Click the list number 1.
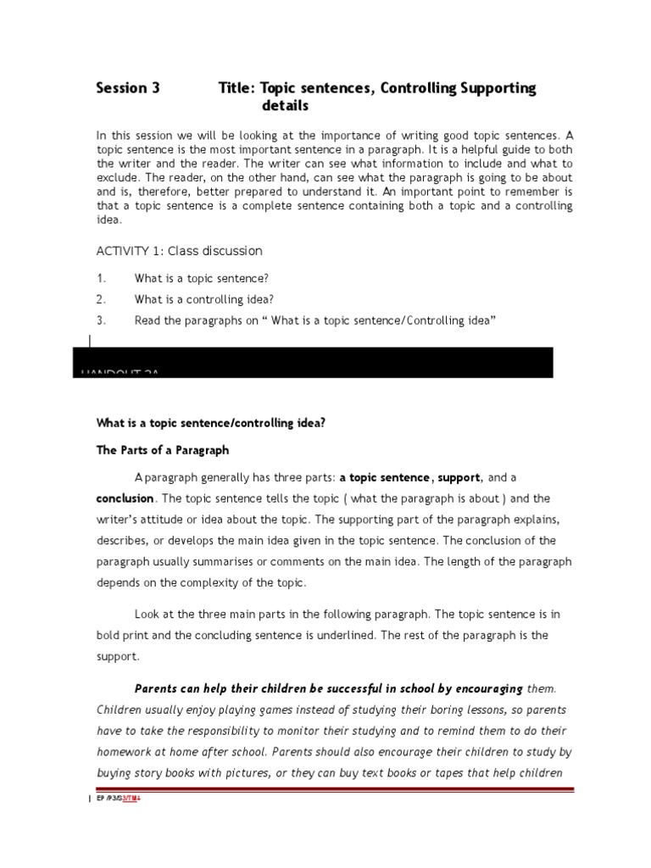101,278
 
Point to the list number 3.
101,320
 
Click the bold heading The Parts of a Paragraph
162,450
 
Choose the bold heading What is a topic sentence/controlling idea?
209,423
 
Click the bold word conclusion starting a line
125,498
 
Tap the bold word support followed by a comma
459,478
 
